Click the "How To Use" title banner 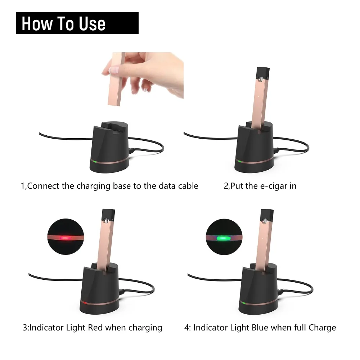coord(77,23)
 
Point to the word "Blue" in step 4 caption coord(260,327)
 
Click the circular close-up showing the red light coord(66,237)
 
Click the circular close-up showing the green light coord(224,237)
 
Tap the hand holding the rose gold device coord(147,73)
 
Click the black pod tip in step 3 coord(108,216)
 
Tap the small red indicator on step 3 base coord(85,303)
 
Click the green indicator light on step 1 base coord(94,161)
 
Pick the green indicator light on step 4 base coord(244,303)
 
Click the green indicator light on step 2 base coord(239,161)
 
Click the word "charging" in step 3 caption coord(145,328)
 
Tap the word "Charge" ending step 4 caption coord(322,328)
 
